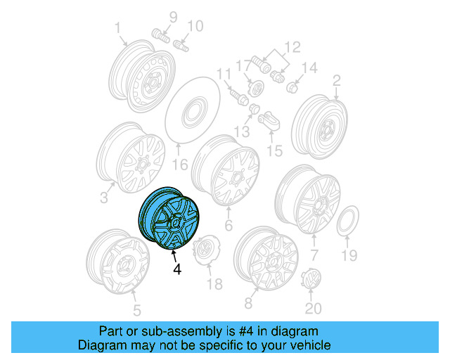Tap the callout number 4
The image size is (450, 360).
[x=176, y=269]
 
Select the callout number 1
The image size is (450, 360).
[x=119, y=27]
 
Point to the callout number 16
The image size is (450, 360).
[x=181, y=166]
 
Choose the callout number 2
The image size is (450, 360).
[x=336, y=80]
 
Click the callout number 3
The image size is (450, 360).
[x=103, y=198]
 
